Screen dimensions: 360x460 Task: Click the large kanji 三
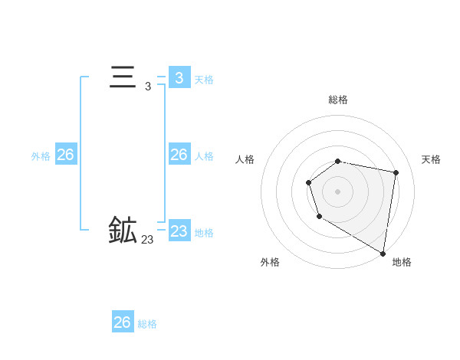point(123,78)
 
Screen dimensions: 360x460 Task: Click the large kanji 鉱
point(123,230)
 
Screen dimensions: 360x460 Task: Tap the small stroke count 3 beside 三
point(147,87)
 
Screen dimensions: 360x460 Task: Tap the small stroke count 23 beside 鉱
point(147,240)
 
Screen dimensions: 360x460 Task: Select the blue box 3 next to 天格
point(179,77)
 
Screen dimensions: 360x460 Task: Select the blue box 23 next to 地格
point(179,231)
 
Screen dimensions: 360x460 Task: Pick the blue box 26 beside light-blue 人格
point(179,155)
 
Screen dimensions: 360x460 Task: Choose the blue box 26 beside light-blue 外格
point(65,155)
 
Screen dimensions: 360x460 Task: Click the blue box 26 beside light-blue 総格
point(123,322)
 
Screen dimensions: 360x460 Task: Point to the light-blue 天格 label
point(204,79)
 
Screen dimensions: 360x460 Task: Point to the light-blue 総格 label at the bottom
point(147,324)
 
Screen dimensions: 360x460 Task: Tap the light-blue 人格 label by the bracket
point(204,156)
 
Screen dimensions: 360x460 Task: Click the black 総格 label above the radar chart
point(337,100)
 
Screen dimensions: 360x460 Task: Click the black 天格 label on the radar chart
point(431,159)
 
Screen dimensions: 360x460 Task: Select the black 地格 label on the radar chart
point(402,262)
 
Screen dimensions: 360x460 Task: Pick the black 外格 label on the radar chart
point(270,262)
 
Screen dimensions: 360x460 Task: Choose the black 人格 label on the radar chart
point(245,159)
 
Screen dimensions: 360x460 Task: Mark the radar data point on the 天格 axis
point(396,173)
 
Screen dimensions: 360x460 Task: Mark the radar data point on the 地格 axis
point(383,253)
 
